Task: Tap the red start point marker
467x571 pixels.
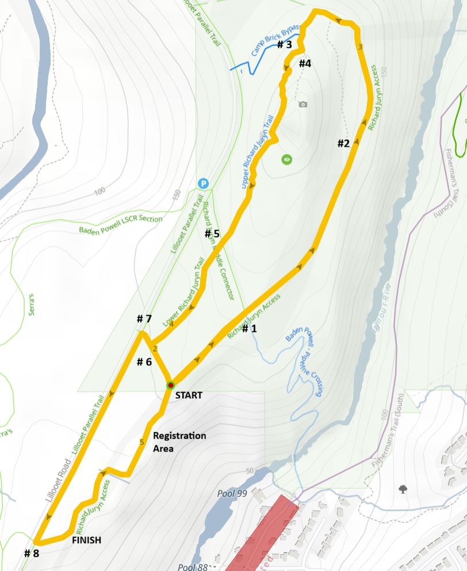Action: tap(170, 385)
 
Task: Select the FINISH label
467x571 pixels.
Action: tap(86, 540)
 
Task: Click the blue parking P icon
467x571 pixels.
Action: tap(203, 183)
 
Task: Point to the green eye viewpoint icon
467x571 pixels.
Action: tap(287, 159)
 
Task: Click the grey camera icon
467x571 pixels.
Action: tap(303, 104)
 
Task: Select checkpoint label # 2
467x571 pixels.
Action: tap(343, 143)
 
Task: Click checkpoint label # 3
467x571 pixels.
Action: tap(285, 45)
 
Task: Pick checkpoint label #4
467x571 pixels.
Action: tap(305, 63)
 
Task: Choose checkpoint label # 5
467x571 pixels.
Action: tap(212, 233)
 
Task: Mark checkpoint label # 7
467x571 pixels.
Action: tap(144, 319)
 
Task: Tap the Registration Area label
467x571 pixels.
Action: tap(179, 441)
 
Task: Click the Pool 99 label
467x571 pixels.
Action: tap(232, 493)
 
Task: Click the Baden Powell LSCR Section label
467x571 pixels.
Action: tap(120, 224)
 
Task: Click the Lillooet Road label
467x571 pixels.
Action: tap(57, 482)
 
